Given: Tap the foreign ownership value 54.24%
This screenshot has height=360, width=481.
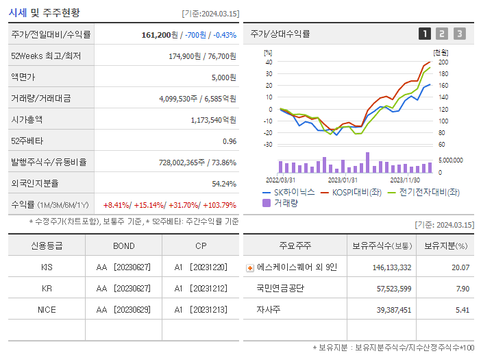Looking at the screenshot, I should (223, 184).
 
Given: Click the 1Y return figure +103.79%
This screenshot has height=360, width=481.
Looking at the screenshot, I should (218, 205).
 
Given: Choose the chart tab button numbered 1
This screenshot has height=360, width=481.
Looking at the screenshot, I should (425, 34).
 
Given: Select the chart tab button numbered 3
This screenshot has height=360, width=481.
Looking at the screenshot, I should (459, 34).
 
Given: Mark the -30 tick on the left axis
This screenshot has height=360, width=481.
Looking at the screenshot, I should (268, 145).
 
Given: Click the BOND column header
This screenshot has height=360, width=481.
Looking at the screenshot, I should (124, 245).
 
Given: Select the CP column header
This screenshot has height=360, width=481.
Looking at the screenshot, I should (202, 245).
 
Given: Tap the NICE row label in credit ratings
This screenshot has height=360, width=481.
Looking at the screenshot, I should (47, 309).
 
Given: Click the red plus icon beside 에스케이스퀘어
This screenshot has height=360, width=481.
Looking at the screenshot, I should (250, 267).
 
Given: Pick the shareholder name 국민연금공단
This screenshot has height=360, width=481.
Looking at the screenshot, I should (280, 288).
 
